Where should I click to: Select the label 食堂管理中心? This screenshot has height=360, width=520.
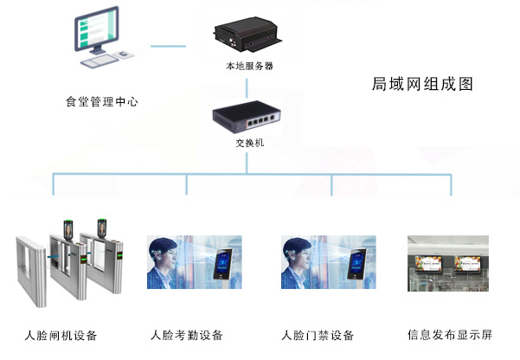click(102, 101)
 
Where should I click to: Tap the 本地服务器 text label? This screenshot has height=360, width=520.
click(246, 65)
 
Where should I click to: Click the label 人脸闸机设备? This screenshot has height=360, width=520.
click(61, 335)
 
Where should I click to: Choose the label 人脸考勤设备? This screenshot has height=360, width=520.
click(187, 335)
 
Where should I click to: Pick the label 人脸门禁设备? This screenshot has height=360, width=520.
click(318, 335)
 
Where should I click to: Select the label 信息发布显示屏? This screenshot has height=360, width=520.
click(448, 335)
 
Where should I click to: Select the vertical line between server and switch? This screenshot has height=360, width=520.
click(247, 87)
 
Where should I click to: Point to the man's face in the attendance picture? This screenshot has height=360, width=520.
click(164, 260)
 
